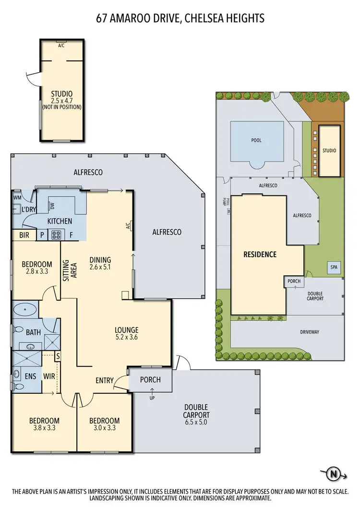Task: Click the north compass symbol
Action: click(334, 474)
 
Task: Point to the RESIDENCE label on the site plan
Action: click(260, 254)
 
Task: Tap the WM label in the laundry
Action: click(18, 197)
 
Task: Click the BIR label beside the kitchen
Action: click(24, 235)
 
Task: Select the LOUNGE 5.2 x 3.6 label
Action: click(126, 333)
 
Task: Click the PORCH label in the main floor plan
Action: click(150, 379)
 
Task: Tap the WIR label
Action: click(49, 377)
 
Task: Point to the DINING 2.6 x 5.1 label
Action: click(100, 263)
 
